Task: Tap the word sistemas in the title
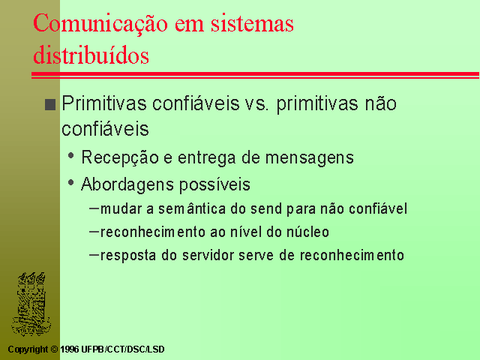252,23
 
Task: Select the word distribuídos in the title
91,54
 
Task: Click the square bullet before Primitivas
50,104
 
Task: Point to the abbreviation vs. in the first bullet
256,104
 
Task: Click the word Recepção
120,158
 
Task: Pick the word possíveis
214,185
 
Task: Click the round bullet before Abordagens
71,183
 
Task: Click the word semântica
192,208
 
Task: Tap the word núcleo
307,232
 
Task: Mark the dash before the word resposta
94,255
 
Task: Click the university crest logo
31,304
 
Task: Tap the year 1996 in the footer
70,349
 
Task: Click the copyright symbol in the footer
54,349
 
